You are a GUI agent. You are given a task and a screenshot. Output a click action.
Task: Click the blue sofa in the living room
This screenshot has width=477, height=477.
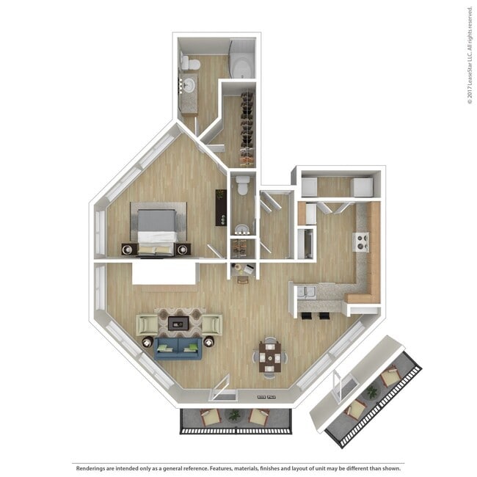177,347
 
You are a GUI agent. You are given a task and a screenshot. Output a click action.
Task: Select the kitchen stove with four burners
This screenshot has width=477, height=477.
361,241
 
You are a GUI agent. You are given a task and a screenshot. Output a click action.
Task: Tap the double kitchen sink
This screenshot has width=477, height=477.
307,293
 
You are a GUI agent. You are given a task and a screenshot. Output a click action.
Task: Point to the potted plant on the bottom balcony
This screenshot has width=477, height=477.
234,415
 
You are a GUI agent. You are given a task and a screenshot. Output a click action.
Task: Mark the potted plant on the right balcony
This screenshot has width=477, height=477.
372,393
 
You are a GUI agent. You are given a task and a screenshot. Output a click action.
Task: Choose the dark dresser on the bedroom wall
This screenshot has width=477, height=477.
219,208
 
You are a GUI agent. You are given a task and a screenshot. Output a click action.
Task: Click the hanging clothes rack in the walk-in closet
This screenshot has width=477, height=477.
247,125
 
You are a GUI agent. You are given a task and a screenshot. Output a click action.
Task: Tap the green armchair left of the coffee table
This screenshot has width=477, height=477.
147,324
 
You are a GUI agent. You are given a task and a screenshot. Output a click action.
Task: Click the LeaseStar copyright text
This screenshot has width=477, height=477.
469,55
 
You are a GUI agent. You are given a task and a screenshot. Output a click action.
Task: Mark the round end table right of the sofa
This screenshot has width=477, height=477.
209,341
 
